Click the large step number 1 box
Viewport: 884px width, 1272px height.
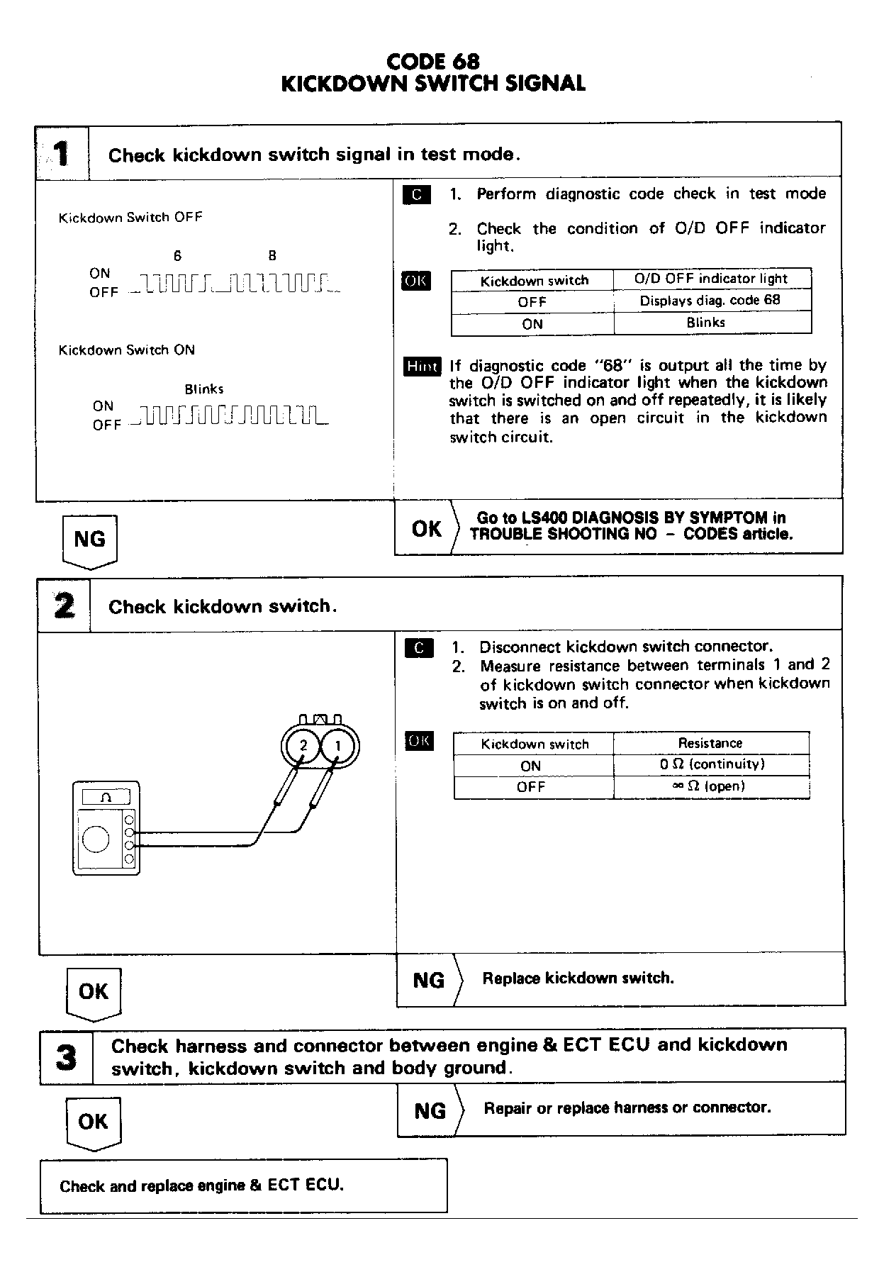[62, 153]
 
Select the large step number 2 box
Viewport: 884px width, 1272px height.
[64, 606]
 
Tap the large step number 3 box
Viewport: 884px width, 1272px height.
[66, 1056]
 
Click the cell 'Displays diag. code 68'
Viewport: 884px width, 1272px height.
[711, 301]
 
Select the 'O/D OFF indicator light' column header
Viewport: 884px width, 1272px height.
[711, 279]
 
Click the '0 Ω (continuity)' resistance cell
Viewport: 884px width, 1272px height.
[711, 764]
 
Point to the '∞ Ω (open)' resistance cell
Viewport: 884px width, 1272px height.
[711, 786]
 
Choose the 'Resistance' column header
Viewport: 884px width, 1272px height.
[710, 743]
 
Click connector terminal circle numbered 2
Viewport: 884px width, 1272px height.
[303, 746]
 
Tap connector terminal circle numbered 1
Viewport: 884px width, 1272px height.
[338, 746]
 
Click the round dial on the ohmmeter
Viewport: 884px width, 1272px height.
[96, 839]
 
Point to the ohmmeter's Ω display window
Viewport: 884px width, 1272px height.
[106, 797]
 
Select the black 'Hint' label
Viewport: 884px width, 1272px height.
[422, 366]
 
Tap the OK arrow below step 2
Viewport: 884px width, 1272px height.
[94, 992]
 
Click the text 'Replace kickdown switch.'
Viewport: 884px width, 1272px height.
[578, 978]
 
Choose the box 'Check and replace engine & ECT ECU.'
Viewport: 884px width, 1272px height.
[243, 1185]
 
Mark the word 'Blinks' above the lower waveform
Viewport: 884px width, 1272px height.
[204, 389]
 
